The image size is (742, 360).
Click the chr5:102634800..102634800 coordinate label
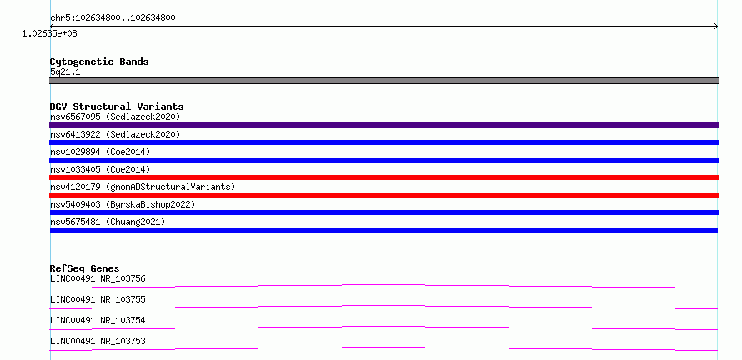pos(113,18)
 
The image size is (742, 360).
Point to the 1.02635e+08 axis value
pos(49,33)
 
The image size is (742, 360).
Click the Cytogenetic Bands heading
pos(99,62)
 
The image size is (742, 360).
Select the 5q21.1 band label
pos(65,72)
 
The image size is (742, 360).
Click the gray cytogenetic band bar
pos(384,81)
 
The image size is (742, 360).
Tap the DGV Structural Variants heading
pos(117,107)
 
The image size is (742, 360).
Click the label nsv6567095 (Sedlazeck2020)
pos(115,117)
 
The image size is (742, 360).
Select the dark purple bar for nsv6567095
pos(384,125)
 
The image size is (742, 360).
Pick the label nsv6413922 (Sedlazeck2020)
pos(115,134)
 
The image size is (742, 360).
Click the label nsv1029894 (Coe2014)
pos(100,152)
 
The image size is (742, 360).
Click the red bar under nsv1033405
pos(384,177)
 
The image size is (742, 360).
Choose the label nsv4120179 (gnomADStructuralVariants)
pos(143,187)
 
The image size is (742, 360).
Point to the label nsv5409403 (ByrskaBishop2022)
pos(123,204)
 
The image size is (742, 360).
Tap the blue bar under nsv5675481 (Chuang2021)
pos(384,230)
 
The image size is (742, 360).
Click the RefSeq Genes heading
pos(85,268)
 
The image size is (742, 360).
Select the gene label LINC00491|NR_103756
pos(98,278)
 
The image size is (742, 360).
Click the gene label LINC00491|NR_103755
pos(98,299)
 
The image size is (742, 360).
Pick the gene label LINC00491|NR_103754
pos(98,320)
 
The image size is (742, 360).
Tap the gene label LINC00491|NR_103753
pos(98,341)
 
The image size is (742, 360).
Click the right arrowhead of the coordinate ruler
pos(717,27)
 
